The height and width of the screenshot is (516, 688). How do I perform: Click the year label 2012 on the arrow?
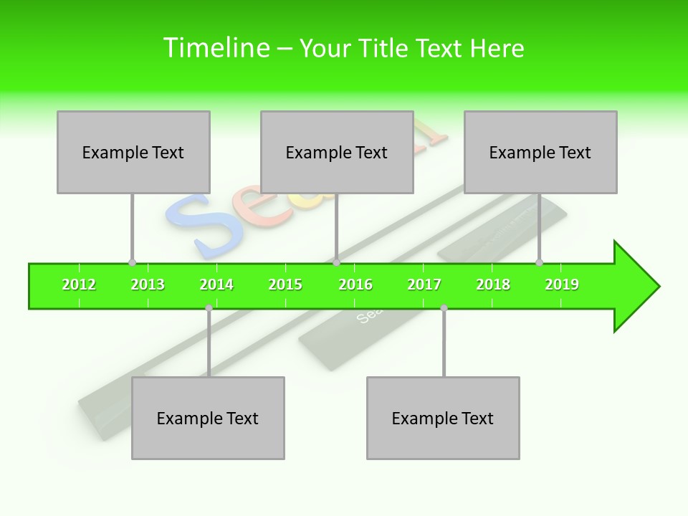click(x=79, y=285)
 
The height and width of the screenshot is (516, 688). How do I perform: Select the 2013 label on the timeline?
click(x=148, y=285)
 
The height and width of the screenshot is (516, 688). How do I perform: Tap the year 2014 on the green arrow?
click(x=216, y=285)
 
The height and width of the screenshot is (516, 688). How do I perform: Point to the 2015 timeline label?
click(x=285, y=285)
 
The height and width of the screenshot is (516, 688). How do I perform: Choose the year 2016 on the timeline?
click(x=355, y=285)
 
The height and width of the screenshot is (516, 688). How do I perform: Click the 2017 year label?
click(x=424, y=285)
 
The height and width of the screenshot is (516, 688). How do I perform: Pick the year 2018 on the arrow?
click(x=493, y=285)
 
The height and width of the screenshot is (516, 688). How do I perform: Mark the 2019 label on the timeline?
click(x=562, y=285)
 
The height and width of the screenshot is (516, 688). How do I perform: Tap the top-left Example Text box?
click(x=133, y=152)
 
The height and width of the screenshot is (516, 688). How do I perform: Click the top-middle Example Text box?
click(x=337, y=152)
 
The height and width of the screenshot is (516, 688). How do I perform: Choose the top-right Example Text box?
click(x=540, y=152)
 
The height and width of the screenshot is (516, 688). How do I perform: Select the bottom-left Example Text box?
click(x=208, y=418)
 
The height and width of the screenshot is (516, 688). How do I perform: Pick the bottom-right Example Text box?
click(x=443, y=418)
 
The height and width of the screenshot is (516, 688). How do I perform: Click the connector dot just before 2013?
click(x=132, y=262)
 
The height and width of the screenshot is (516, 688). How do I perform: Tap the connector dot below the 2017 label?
click(x=444, y=308)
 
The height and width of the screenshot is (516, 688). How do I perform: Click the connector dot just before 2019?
click(x=539, y=262)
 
